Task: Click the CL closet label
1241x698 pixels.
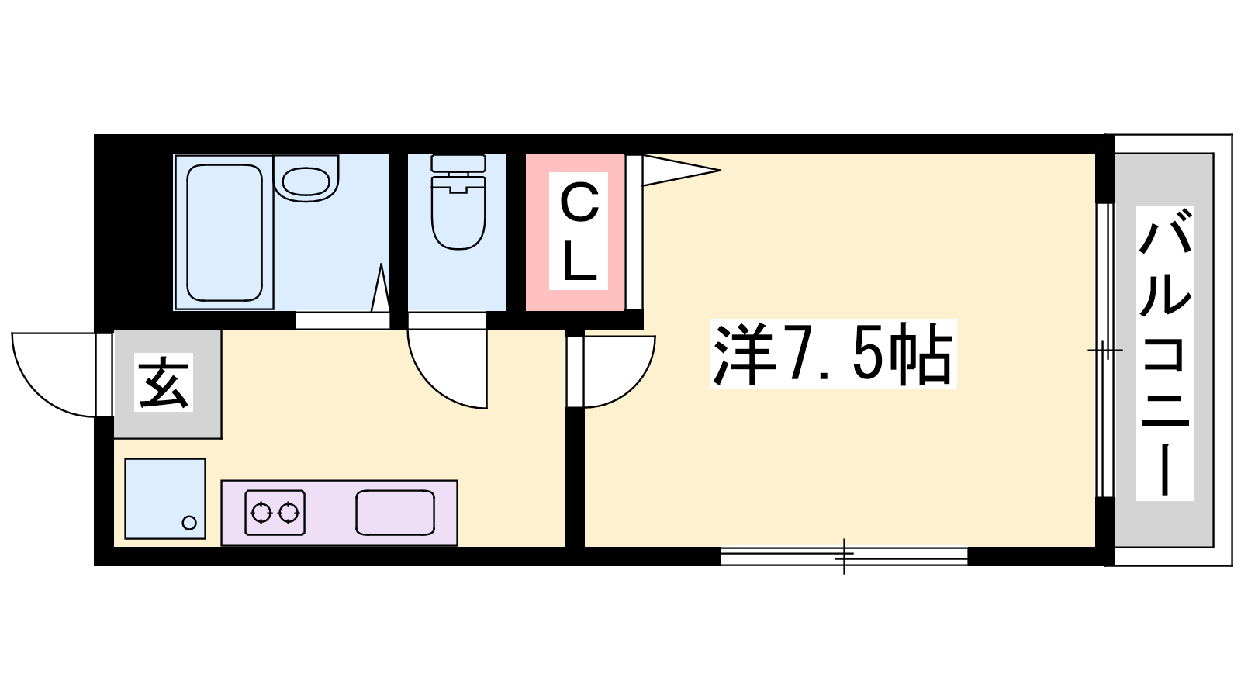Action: coord(579,231)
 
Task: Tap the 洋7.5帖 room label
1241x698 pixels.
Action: coord(833,354)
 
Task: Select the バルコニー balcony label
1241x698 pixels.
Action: coord(1164,354)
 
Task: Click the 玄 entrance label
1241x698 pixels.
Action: coord(164,382)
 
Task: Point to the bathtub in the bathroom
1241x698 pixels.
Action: coord(224,233)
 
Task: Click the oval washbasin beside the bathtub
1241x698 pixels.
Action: coord(306,181)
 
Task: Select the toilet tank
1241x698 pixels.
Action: coord(458,164)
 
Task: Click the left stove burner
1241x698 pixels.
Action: coord(261,513)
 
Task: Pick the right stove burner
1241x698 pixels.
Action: coord(289,513)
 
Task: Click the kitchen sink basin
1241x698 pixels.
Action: coord(395,513)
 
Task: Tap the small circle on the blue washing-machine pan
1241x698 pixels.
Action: coord(189,523)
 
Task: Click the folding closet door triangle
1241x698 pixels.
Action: coord(682,170)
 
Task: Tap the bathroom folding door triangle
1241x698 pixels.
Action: coord(381,288)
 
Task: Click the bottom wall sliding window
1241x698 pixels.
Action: coord(844,556)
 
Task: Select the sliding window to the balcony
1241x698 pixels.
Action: coord(1105,350)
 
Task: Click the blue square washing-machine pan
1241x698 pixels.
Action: coord(165,499)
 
